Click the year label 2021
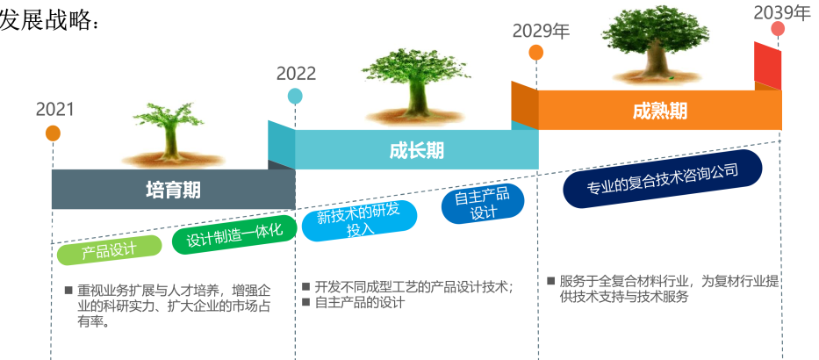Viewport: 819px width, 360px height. click(x=54, y=110)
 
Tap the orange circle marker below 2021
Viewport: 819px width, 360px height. click(x=53, y=133)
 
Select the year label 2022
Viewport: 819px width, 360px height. click(x=296, y=74)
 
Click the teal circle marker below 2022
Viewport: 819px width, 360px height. click(x=295, y=96)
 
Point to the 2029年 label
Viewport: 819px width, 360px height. click(x=541, y=32)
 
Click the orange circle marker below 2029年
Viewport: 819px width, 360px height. click(x=535, y=53)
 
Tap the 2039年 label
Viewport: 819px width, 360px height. click(x=782, y=12)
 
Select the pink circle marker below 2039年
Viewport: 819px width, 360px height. click(x=778, y=29)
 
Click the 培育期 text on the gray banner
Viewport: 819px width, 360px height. click(x=174, y=190)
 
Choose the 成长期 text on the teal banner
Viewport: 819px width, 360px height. click(x=416, y=150)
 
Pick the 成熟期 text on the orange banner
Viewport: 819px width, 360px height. click(x=660, y=111)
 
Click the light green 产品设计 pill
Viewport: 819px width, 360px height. click(x=109, y=250)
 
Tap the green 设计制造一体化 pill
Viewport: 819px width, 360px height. click(x=234, y=234)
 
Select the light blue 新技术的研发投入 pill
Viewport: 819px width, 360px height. click(x=360, y=221)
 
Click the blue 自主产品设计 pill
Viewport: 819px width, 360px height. click(x=482, y=204)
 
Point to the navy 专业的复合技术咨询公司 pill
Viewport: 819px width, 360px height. click(x=662, y=179)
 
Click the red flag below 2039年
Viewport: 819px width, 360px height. click(x=767, y=65)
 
